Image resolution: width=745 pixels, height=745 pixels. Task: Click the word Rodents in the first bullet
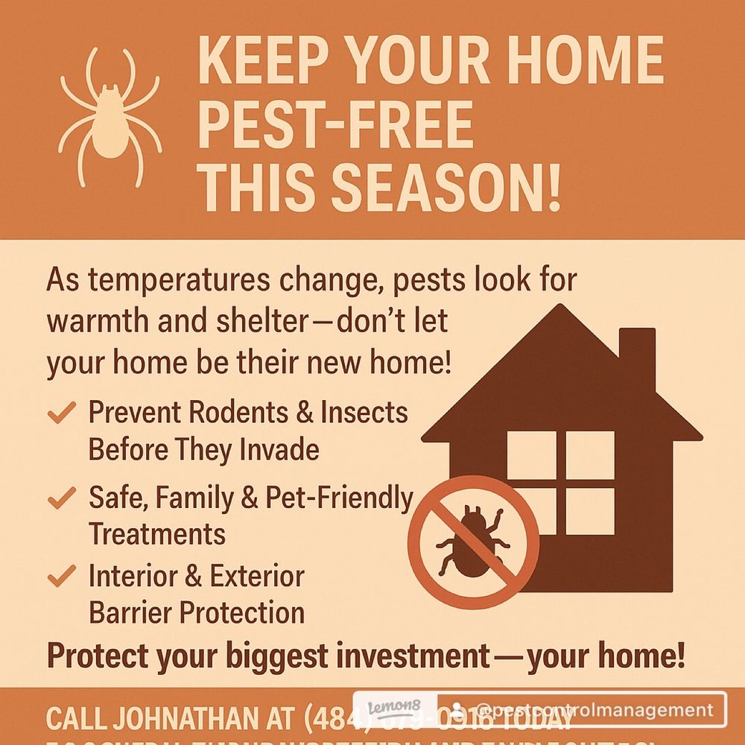(x=244, y=412)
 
